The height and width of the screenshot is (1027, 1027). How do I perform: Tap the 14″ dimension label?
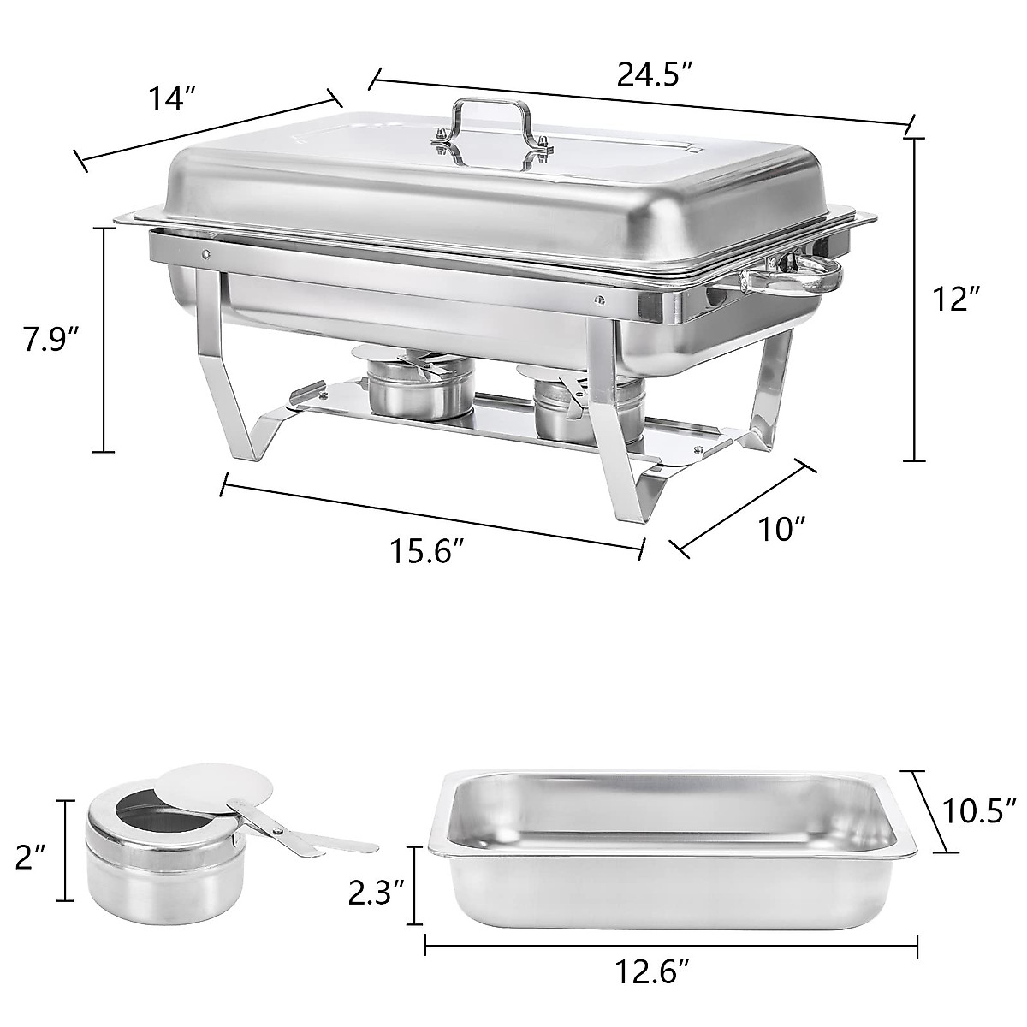tap(167, 100)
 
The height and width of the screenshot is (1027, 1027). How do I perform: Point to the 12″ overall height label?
tap(956, 299)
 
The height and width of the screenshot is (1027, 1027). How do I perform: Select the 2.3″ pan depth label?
tap(376, 894)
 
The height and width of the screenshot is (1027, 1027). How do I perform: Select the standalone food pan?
tap(672, 856)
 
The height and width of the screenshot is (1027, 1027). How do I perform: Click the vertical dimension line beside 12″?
tap(915, 300)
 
